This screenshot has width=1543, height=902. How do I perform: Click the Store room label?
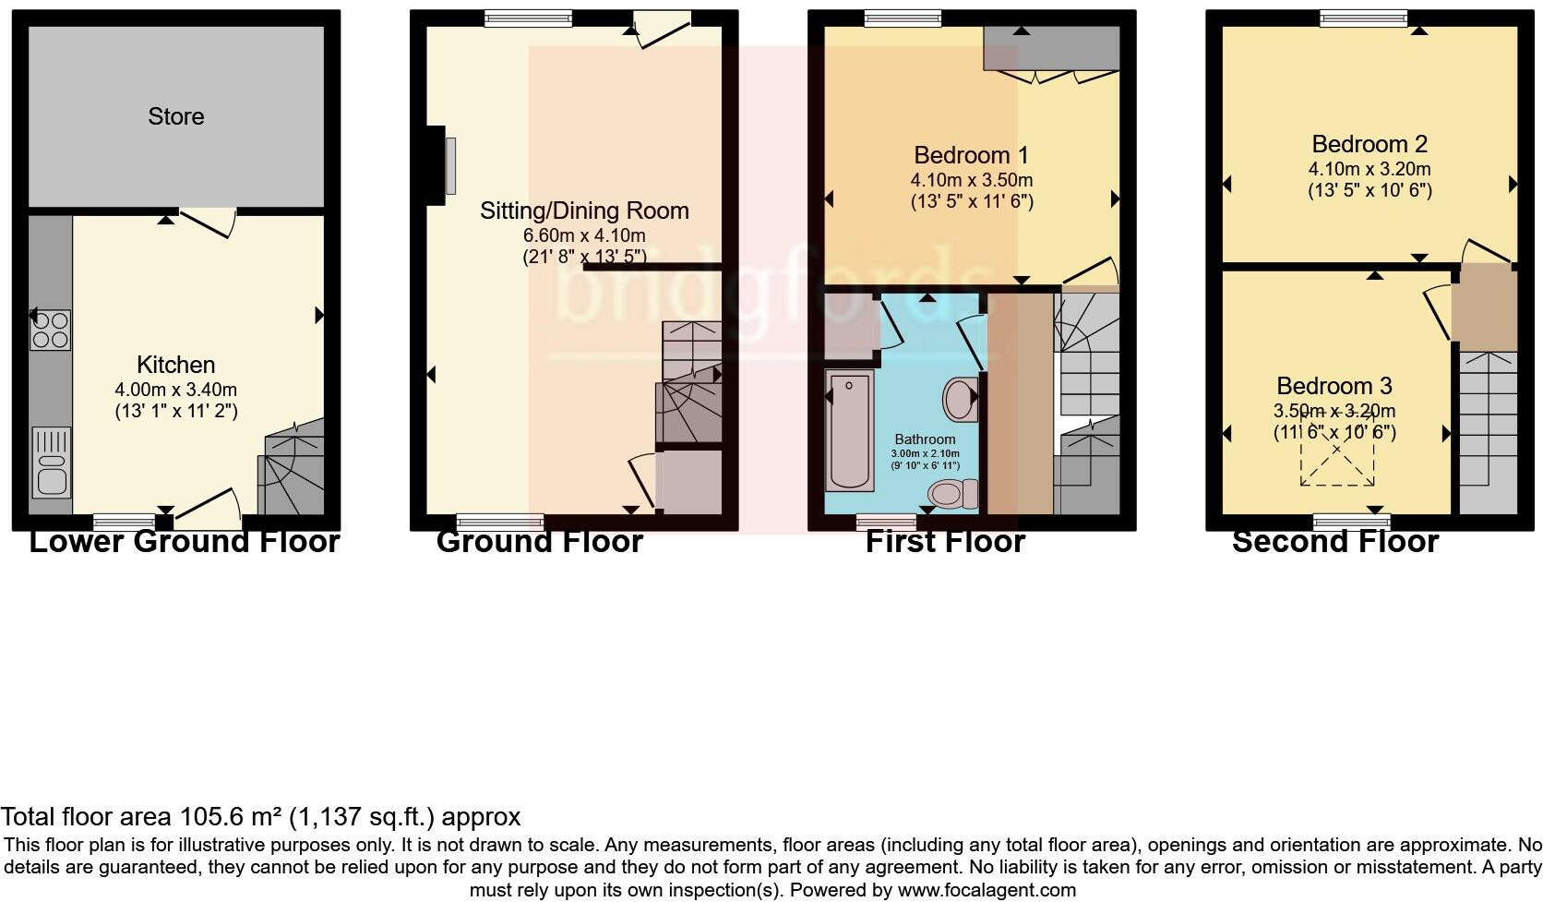[x=175, y=116]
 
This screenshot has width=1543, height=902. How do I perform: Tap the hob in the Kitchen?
[x=51, y=331]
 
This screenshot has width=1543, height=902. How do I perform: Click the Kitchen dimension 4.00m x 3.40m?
[x=175, y=391]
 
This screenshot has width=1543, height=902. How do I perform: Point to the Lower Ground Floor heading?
[x=185, y=542]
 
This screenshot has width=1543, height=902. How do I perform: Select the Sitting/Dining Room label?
[x=584, y=210]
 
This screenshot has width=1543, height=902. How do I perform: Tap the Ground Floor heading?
[x=539, y=542]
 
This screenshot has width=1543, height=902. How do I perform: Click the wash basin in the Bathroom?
[x=960, y=399]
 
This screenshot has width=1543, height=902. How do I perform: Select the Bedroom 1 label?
[x=971, y=155]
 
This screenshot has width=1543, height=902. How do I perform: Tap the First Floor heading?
[x=945, y=542]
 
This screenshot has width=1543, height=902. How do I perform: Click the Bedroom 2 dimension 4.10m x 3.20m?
[x=1370, y=169]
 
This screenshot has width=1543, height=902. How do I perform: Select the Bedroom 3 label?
[x=1334, y=386]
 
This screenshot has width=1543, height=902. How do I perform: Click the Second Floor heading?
[x=1334, y=542]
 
